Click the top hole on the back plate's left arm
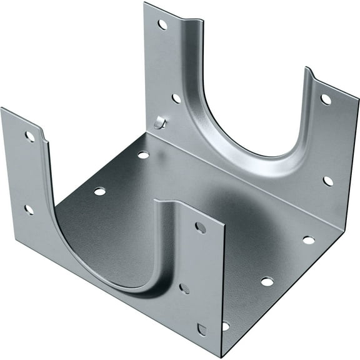pos(162,24)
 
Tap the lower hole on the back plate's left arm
pos(176,98)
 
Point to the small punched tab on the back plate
pos(160,122)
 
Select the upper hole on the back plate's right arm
pos(326,99)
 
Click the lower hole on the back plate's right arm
pos(328,181)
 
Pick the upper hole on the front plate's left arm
pos(29,136)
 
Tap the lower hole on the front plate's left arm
pos(29,209)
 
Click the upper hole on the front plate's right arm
pos(200,227)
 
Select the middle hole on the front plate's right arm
pos(184,289)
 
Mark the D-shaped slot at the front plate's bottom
pos(201,329)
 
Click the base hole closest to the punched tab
pos(143,154)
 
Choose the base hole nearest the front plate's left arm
pos(99,191)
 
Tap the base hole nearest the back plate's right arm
pos(309,239)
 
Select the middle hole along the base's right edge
pos(267,281)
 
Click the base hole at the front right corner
pos(226,326)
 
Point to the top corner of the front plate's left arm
pos(2,109)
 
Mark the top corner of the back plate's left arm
pos(145,3)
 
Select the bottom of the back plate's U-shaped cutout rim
pos(262,155)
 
